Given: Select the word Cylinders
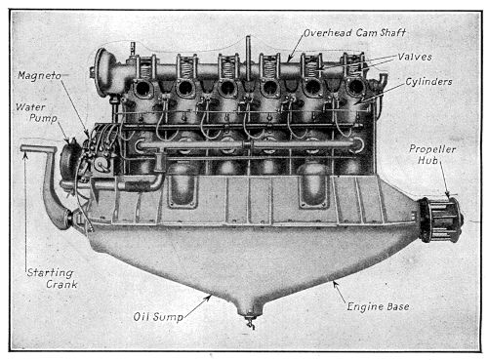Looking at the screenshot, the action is coord(425,82).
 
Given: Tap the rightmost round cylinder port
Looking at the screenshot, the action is coord(356,88).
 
